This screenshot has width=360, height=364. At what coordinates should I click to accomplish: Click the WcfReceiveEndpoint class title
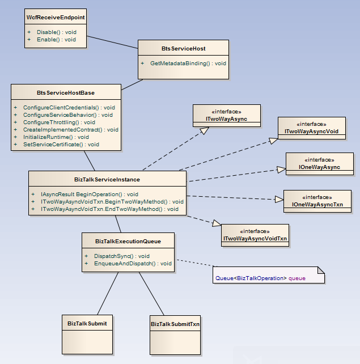pos(56,18)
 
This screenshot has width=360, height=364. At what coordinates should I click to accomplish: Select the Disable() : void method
pos(57,32)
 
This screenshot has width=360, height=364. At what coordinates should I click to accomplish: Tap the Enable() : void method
pos(56,40)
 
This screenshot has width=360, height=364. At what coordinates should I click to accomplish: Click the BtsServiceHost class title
pos(183,49)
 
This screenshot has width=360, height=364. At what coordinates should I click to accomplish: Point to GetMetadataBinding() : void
pos(188,63)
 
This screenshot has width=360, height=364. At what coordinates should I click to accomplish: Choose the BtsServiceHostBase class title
pos(66,92)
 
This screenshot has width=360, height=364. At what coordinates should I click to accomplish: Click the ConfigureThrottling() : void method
pos(59,122)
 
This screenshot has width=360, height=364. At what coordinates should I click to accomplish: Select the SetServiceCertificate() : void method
pos(61,144)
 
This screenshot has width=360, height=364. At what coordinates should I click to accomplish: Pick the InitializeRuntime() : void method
pos(56,137)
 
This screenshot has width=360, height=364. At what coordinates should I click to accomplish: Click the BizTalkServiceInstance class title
pos(107,180)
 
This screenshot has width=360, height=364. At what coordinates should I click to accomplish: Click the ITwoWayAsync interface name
pos(226,119)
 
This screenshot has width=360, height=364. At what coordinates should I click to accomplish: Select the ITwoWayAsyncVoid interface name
pos(311,132)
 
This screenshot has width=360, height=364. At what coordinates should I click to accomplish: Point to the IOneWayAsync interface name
pos(319,167)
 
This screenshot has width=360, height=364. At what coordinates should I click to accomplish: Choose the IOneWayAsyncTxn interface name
pos(317,204)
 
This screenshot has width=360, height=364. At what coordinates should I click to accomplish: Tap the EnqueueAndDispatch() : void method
pos(133,263)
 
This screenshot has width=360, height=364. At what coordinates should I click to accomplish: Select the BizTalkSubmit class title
pos(87,324)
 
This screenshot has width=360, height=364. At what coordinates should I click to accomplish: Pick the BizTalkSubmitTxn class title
pos(175,324)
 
